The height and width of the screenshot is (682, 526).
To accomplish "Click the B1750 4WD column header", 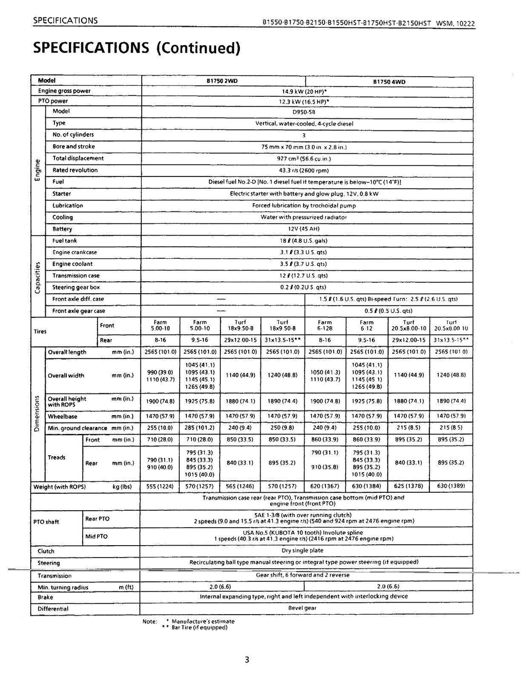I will tap(388, 81).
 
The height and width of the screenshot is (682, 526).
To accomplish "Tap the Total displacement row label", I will tap(78, 158).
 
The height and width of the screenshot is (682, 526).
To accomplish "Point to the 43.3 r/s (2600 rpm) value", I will tap(303, 170).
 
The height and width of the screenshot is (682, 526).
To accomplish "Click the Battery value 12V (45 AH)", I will tap(304, 229).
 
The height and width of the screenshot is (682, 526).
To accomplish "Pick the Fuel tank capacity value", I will tap(304, 241).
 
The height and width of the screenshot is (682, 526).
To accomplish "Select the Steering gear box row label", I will tap(76, 288).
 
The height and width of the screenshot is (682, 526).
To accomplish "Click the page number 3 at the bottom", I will tap(247, 660).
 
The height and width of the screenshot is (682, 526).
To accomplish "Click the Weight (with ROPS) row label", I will tap(60, 487).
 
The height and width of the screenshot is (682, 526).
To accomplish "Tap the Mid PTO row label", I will tap(97, 536).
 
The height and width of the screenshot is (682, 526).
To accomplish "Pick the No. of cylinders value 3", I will tap(304, 135).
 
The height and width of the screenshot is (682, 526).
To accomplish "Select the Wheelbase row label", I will tap(63, 417).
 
